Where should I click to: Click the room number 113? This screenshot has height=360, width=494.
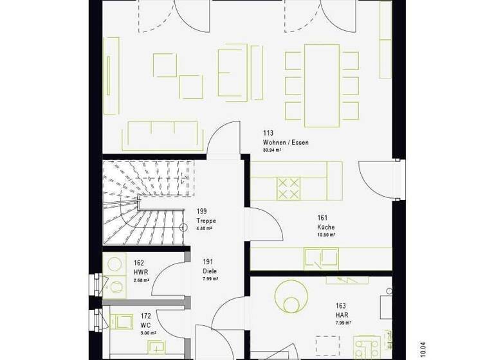pos(268,133)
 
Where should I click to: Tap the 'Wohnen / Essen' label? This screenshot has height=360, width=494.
pos(281,142)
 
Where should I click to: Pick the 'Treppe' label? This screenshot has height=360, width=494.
pos(206,220)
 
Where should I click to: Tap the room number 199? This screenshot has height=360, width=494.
pos(202,211)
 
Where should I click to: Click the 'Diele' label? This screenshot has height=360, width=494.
pos(209,271)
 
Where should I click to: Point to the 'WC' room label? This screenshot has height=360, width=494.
pos(145,325)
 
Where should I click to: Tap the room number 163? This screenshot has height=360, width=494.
pos(340,306)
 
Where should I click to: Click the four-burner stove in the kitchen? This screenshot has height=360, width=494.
pos(289,188)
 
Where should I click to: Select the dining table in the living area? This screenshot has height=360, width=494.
pos(322,85)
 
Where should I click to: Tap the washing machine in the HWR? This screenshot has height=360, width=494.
pos(117,264)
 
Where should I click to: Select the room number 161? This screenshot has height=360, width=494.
pos(323,218)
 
